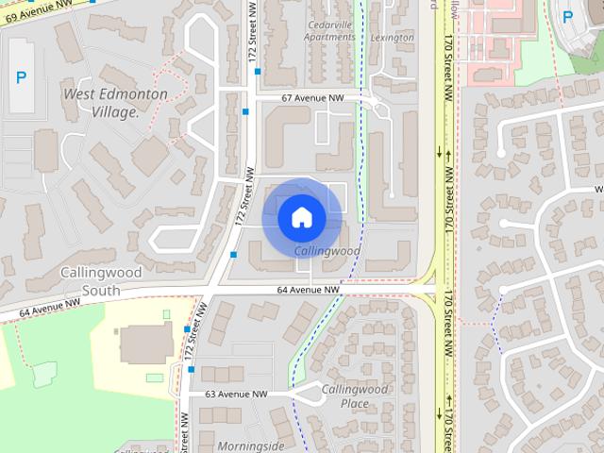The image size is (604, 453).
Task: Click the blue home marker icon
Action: (301, 217)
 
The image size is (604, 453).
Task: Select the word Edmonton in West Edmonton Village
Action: (135, 94)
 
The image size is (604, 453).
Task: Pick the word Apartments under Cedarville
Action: (330, 38)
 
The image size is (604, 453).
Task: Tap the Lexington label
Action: (392, 38)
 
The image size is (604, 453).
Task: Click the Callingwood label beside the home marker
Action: (327, 252)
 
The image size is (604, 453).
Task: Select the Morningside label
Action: (250, 445)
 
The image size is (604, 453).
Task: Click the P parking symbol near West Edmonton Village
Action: (21, 77)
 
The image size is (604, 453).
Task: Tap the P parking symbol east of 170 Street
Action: (568, 16)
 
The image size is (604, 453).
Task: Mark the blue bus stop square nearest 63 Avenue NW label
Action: (191, 369)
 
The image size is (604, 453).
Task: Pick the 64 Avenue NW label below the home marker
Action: (309, 290)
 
